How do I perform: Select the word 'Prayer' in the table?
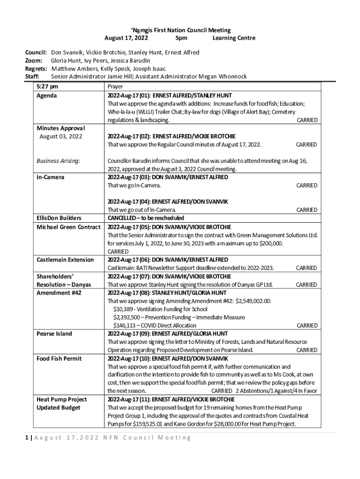[x=115, y=87]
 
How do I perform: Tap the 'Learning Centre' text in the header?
[x=234, y=38]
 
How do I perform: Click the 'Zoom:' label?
[x=34, y=60]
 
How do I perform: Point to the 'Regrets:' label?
[x=36, y=68]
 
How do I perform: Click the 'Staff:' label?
[x=32, y=76]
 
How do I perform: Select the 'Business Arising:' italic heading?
[x=59, y=161]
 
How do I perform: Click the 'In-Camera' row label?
[x=50, y=177]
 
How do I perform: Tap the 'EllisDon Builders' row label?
[x=59, y=218]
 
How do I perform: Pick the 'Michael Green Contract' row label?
[x=68, y=227]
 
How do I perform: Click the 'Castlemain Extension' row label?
[x=65, y=260]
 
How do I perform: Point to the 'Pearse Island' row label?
[x=54, y=334]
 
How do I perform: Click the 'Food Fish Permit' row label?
[x=59, y=358]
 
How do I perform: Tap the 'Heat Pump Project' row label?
[x=62, y=399]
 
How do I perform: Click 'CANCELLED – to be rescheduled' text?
[x=146, y=218]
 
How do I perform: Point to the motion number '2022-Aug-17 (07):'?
[x=130, y=276]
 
